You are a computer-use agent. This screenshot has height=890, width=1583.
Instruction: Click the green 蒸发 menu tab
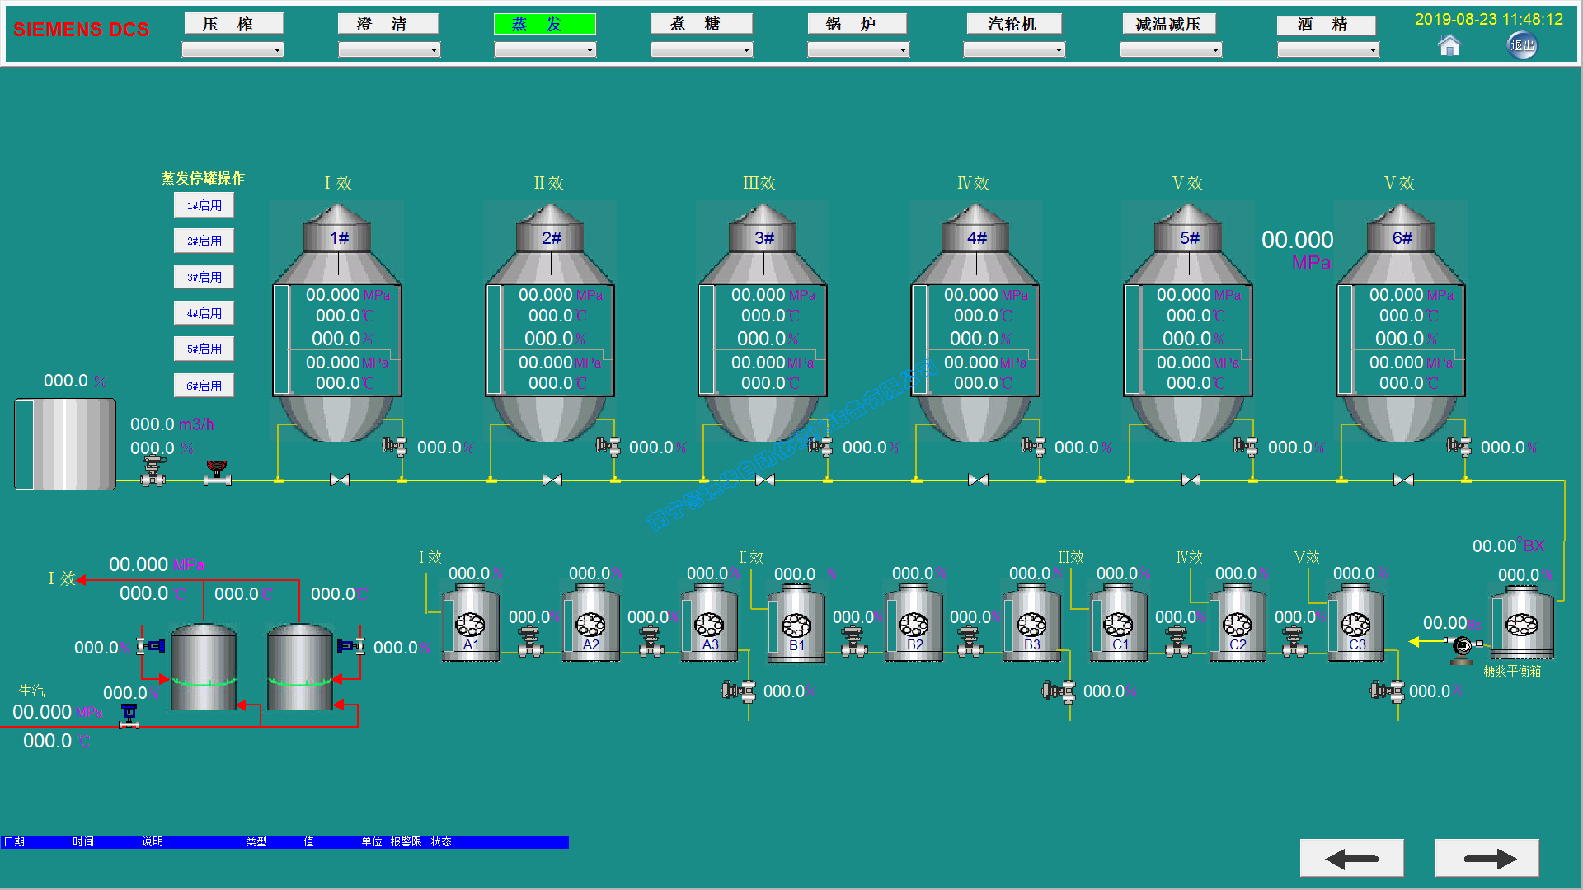[x=544, y=24]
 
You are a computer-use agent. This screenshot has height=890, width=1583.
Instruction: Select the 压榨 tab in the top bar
[x=233, y=24]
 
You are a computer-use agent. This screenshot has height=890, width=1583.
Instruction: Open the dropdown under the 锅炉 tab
[x=857, y=50]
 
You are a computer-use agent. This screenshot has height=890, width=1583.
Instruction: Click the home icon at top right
[x=1449, y=46]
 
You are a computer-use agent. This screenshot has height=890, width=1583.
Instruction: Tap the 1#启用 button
[x=204, y=205]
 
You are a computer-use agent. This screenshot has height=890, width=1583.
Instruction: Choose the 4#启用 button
[x=204, y=313]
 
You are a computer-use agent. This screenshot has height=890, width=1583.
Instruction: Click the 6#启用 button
[x=204, y=386]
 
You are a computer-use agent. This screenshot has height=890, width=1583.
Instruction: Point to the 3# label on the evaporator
[x=764, y=238]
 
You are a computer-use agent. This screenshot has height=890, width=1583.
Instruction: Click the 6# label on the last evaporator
[x=1402, y=238]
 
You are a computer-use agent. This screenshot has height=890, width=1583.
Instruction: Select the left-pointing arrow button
[x=1351, y=859]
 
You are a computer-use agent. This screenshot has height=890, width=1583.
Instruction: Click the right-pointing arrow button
[x=1487, y=859]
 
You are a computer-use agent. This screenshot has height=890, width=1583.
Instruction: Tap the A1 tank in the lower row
[x=471, y=624]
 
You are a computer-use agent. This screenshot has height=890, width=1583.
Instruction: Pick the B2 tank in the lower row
[x=914, y=624]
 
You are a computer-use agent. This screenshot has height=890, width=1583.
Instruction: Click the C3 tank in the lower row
[x=1356, y=624]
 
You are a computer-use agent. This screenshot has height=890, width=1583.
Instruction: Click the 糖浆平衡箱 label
[x=1512, y=672]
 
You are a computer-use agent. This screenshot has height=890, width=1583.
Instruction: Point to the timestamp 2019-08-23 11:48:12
[x=1488, y=19]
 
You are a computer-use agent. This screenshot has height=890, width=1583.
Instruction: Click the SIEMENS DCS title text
[x=81, y=30]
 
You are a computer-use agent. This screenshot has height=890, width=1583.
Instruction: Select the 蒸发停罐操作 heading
[x=203, y=178]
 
